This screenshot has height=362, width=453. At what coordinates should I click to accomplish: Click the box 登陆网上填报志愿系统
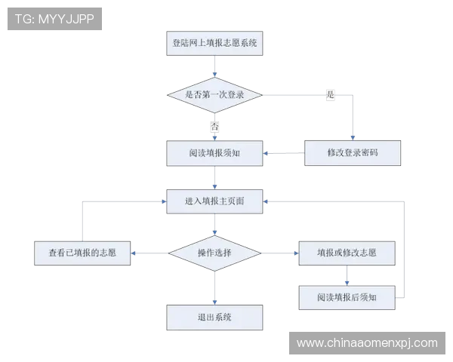tap(214, 44)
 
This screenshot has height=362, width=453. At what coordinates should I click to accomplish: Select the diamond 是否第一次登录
tap(214, 94)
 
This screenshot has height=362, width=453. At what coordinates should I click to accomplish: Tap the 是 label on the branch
tap(330, 94)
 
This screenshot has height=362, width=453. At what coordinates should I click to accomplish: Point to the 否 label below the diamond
tap(215, 126)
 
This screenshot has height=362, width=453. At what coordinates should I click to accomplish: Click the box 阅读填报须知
tap(214, 153)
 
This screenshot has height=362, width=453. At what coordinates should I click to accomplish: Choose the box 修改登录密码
tap(353, 153)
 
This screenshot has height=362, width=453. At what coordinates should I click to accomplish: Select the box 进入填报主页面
tap(214, 201)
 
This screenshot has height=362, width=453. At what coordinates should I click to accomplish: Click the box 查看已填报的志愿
tap(82, 253)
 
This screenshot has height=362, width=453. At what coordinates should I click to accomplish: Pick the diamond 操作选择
tap(214, 253)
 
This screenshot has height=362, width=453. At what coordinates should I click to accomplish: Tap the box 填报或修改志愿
tap(347, 253)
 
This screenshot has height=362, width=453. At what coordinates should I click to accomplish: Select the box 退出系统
tap(214, 317)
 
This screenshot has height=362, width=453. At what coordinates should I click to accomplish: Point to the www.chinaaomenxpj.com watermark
tap(366, 343)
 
